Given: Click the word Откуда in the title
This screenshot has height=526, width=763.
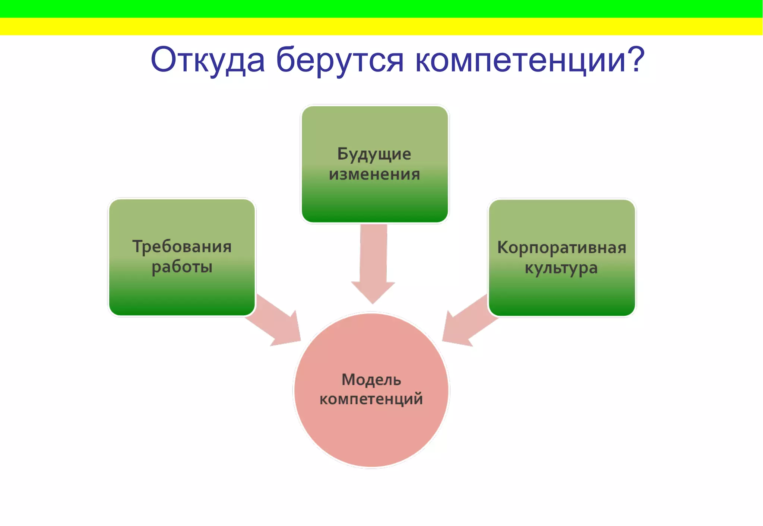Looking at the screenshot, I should coord(208,60).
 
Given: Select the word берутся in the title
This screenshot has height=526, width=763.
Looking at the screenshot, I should coord(339,60).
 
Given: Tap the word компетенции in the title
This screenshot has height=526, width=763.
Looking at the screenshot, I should coord(520,60).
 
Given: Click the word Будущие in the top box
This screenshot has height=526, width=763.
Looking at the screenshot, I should coord(374,154).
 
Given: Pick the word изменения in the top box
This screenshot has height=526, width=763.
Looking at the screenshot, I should coord(374,174).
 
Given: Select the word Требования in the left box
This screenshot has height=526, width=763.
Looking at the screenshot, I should coord(182,247).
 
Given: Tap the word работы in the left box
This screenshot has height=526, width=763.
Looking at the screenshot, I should coord(182,267).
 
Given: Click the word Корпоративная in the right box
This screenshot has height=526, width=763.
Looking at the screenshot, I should coord(561,248).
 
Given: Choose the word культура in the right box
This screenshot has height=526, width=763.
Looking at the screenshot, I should coord(561,268).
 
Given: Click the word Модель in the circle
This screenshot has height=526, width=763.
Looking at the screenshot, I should coord(371,380).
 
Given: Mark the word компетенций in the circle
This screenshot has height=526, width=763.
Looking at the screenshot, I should coord(371,399).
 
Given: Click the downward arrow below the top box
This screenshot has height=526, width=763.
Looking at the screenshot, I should coord(373,264).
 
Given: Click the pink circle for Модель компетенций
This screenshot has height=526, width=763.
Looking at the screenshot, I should coord(371,432).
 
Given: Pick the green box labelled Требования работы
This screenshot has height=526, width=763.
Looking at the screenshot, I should coord(182,294).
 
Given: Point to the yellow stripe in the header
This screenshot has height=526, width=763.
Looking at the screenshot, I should coord(381,26).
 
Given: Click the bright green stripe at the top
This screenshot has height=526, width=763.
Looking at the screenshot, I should coord(381,9).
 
